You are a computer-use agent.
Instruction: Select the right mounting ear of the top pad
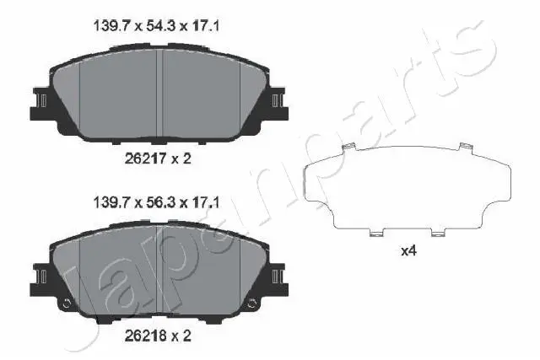(x=275, y=100)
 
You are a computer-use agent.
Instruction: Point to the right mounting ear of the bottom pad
(x=275, y=277)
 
